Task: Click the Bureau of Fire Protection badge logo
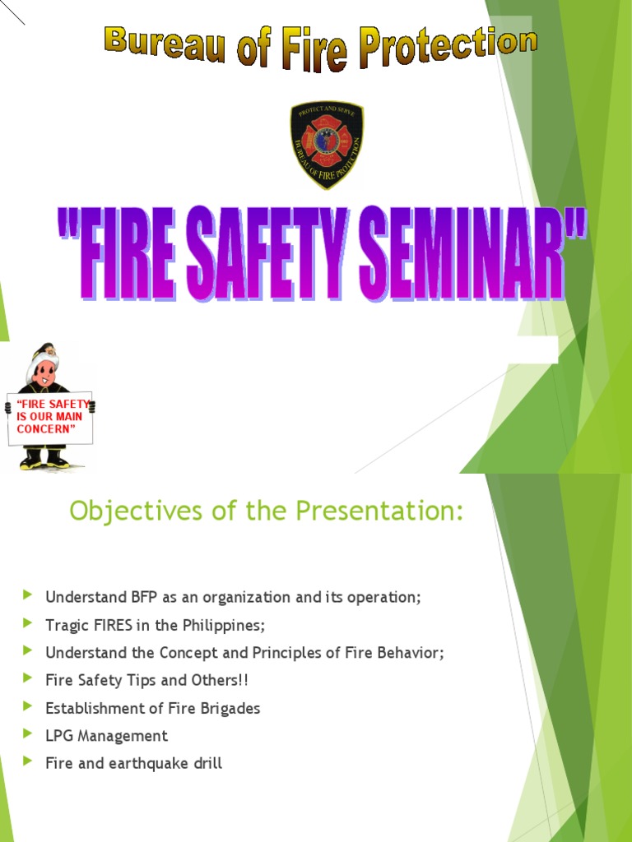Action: click(x=327, y=145)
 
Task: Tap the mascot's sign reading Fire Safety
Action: click(x=50, y=417)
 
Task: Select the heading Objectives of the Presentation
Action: click(x=267, y=511)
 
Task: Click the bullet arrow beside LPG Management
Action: click(x=29, y=734)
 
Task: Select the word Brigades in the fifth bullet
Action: click(x=230, y=708)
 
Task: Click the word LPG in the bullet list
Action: click(x=59, y=736)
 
